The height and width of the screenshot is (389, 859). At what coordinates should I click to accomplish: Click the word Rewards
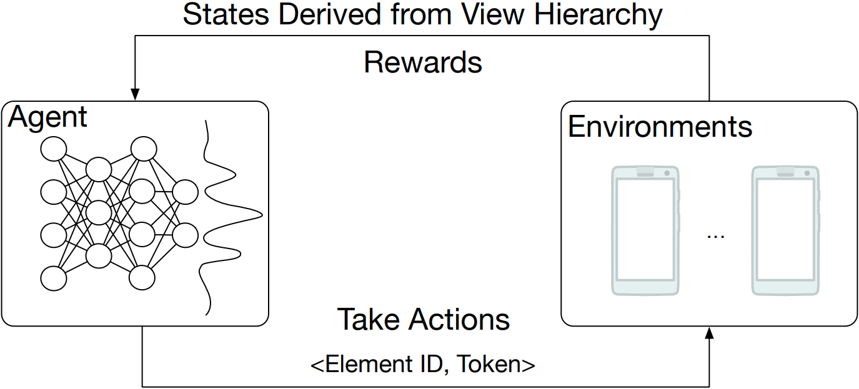(422, 62)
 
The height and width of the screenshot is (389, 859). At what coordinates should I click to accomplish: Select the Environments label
(660, 127)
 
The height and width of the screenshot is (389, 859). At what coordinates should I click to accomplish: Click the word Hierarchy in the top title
(598, 16)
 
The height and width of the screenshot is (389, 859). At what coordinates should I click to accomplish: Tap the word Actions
(459, 319)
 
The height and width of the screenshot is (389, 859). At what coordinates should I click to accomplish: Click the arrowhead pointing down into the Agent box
(135, 94)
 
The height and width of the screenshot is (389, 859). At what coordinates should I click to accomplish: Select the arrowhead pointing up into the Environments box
(709, 333)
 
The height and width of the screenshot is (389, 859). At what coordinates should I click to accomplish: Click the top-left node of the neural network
(54, 149)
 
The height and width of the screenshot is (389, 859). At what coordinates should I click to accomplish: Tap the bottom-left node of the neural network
(54, 278)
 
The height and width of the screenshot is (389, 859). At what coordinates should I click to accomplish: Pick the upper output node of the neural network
(185, 192)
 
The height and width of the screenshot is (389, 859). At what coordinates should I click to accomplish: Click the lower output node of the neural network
(185, 235)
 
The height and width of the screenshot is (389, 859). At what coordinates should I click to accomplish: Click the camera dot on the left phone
(667, 173)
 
